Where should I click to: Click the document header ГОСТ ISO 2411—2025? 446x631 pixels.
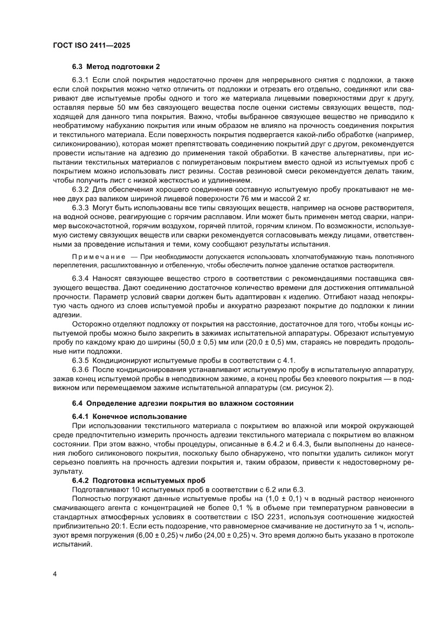[91, 46]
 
